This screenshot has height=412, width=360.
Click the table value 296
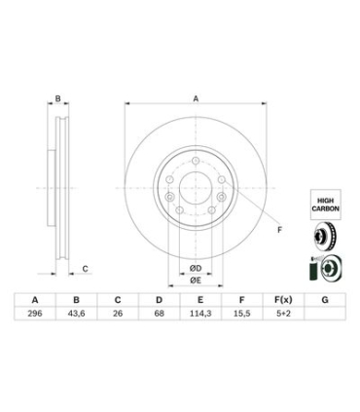(x=35, y=314)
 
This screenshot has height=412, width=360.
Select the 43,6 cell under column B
(x=76, y=314)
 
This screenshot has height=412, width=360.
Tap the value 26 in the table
(x=118, y=314)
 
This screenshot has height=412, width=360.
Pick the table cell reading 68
(x=160, y=314)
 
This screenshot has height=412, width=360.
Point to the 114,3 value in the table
(x=200, y=314)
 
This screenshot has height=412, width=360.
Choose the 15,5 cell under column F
(x=242, y=314)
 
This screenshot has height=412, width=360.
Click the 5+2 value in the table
(x=283, y=314)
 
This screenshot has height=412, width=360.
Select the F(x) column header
(x=283, y=300)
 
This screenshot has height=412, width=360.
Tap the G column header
(x=325, y=300)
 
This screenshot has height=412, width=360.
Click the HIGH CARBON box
(x=325, y=205)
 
